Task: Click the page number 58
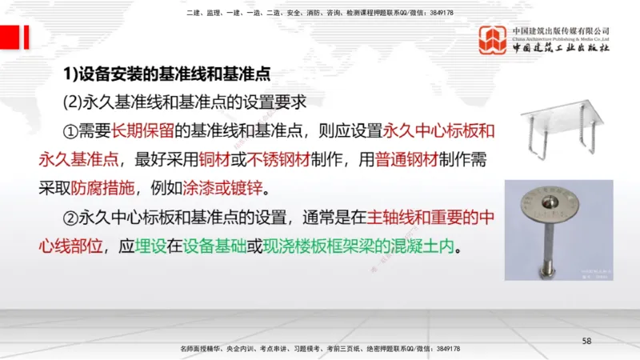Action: pos(586,342)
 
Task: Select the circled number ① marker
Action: pos(70,130)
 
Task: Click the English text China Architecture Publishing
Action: pos(561,37)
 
